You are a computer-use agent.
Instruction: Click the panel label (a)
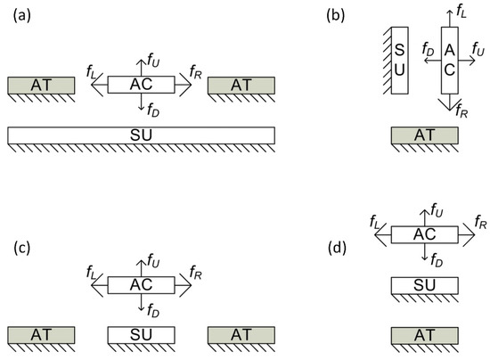click(20, 17)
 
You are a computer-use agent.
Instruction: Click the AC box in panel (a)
click(141, 85)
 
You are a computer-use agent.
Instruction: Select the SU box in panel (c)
click(141, 334)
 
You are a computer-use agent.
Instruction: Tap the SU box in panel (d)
click(425, 285)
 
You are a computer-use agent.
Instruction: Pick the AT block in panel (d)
click(425, 334)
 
